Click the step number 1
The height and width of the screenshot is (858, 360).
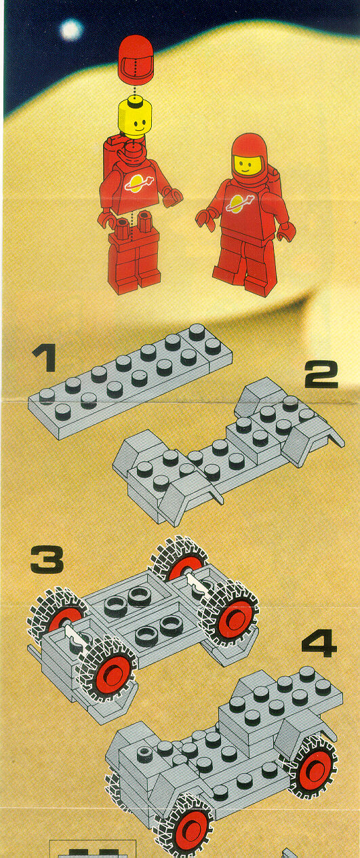click(45, 357)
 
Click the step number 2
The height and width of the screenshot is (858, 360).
click(321, 374)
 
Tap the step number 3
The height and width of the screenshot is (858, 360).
click(47, 560)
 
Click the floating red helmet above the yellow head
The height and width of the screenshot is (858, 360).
click(136, 61)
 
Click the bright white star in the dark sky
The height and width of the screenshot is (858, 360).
click(71, 29)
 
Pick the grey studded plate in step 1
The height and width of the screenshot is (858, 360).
click(130, 381)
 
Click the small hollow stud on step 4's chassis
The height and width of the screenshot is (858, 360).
click(146, 751)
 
